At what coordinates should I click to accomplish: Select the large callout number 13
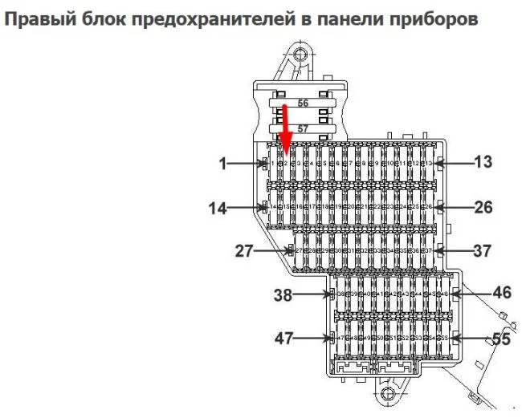pyautogui.click(x=482, y=163)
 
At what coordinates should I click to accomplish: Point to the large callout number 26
pyautogui.click(x=482, y=207)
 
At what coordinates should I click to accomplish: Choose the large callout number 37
pyautogui.click(x=482, y=251)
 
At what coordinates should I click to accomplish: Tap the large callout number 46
pyautogui.click(x=502, y=293)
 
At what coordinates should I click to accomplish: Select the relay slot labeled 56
pyautogui.click(x=303, y=103)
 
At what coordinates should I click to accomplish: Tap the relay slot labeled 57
pyautogui.click(x=303, y=128)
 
